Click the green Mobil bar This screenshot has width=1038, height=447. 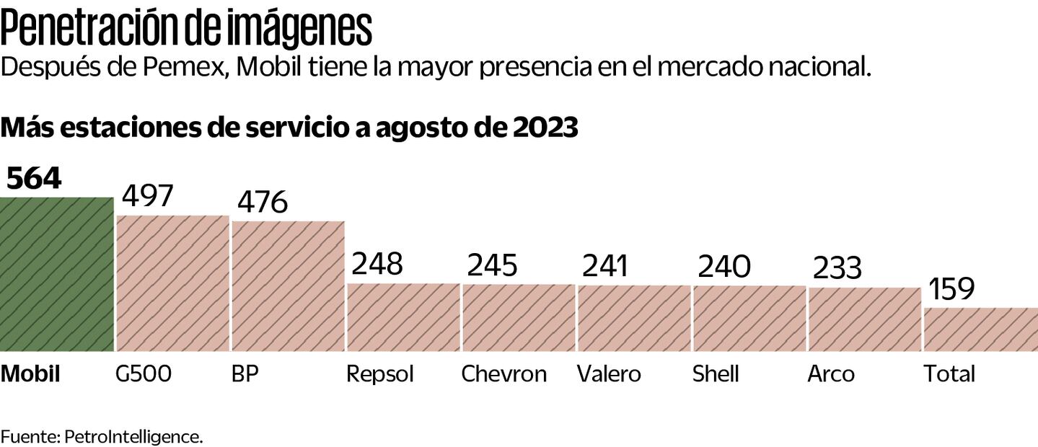[56, 274]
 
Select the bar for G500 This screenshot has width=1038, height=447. [172, 283]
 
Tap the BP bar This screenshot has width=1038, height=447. [288, 286]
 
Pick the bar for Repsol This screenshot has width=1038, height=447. [403, 317]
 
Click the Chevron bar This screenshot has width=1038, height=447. [519, 317]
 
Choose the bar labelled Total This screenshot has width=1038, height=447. [980, 329]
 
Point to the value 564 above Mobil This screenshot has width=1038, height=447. [34, 178]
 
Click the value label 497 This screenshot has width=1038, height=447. [148, 196]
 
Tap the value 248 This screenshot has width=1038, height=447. [377, 264]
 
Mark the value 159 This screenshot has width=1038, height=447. [951, 289]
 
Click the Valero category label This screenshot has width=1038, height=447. [609, 374]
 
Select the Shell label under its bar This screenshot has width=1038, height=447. [716, 374]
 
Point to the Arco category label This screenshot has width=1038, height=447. [831, 374]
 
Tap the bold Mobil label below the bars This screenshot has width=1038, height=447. [30, 374]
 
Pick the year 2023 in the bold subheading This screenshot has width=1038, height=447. [546, 128]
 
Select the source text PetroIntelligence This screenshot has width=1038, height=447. [134, 436]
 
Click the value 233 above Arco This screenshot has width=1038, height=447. [837, 268]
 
